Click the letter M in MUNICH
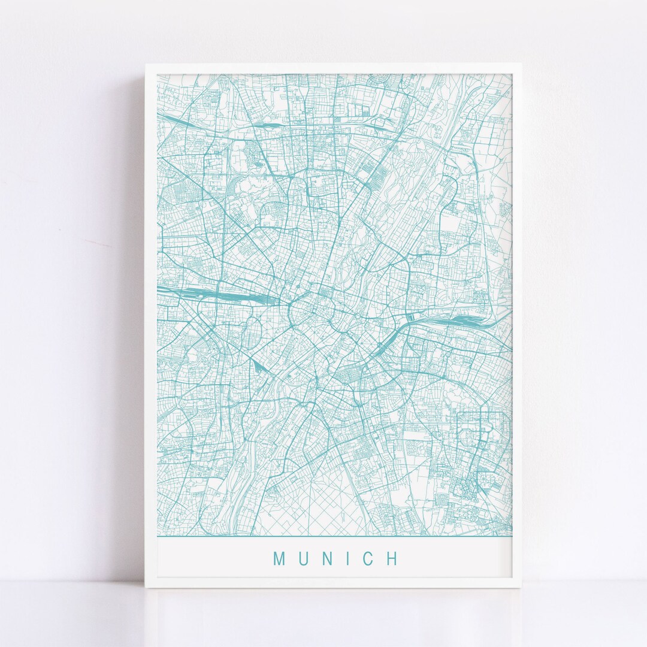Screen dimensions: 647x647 click(280, 559)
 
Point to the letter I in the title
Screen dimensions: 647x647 click(350, 559)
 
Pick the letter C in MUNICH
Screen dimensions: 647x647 click(369, 559)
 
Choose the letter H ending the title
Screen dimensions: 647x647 click(392, 559)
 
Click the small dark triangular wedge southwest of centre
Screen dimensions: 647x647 click(259, 366)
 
